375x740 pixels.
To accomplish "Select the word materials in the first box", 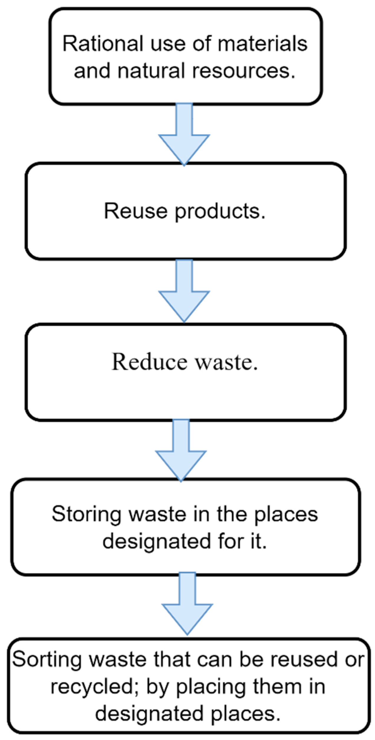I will (x=262, y=44).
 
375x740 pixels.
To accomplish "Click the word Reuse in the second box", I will (x=136, y=211).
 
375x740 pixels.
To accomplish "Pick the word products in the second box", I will (x=220, y=212).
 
